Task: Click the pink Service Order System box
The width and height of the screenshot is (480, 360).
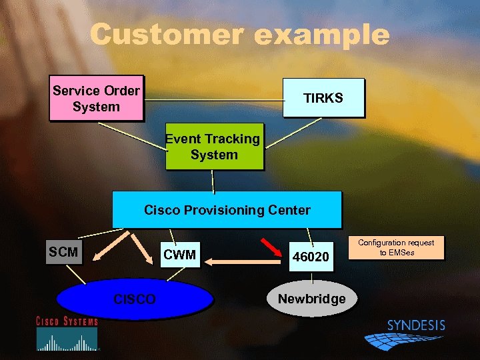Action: pos(96,98)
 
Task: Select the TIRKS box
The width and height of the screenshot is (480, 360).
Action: pos(324,98)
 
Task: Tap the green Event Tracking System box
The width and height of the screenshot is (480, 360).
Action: pos(214,147)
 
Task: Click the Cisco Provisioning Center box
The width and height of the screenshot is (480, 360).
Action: pos(227,210)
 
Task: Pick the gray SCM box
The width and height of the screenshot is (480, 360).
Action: pos(63,252)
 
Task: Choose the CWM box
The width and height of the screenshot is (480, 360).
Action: pos(180,255)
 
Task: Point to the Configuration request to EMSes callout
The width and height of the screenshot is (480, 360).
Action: pos(396,247)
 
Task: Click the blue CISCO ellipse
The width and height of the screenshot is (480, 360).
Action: pos(135,299)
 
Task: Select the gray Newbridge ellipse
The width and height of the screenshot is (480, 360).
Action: pos(311,299)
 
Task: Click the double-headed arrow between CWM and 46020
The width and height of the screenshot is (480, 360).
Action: pos(243,263)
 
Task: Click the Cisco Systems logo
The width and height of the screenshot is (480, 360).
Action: pos(67,333)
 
